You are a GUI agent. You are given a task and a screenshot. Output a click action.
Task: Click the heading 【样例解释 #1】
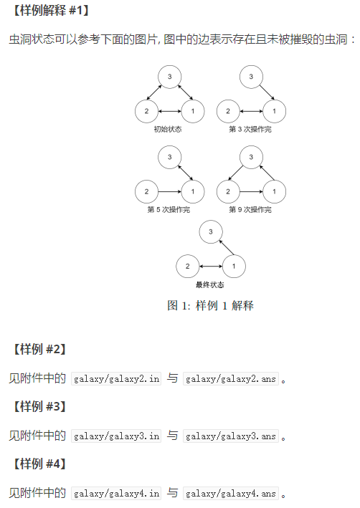[x=49, y=10]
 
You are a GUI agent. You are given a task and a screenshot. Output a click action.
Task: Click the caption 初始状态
[x=168, y=129]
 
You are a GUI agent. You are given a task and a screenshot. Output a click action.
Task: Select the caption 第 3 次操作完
[x=250, y=129]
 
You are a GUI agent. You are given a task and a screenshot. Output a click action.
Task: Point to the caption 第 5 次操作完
[x=169, y=210]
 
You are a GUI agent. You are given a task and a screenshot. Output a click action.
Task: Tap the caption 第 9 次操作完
[x=250, y=210]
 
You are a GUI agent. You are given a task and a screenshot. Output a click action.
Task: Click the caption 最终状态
[x=210, y=284]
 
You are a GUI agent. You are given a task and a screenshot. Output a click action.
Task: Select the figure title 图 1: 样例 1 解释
[x=210, y=305]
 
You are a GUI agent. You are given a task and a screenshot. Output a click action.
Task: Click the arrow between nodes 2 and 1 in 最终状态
[x=211, y=267]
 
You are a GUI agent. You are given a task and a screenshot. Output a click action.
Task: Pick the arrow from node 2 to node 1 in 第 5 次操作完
[x=170, y=191]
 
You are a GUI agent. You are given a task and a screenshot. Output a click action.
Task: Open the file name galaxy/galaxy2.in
[x=116, y=379]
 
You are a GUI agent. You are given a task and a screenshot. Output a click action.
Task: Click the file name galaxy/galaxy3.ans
[x=231, y=436]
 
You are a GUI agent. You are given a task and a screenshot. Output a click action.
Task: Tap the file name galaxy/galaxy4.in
[x=116, y=494]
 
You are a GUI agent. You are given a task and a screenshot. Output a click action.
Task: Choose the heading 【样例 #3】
[x=39, y=406]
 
